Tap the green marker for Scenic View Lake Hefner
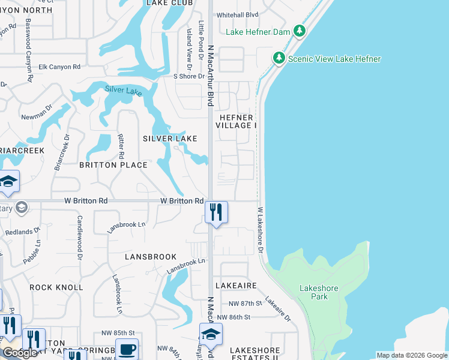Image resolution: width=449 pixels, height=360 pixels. pos(279,58)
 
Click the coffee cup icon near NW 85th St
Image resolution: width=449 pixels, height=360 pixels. pos(127,349)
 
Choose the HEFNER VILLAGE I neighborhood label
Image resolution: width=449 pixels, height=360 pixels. pos(238,121)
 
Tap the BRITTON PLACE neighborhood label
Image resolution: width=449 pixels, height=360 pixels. pos(113,164)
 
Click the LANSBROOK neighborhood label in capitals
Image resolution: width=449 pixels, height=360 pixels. pos(150,256)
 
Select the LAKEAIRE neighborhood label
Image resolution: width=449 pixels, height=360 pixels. pos(238,286)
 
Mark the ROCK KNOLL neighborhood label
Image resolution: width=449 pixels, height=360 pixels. pos(56,287)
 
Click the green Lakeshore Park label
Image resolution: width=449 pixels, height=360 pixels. pos(319,292)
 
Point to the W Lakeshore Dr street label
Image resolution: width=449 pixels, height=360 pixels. pos(261,230)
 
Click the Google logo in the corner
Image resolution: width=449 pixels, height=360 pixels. pos(20,353)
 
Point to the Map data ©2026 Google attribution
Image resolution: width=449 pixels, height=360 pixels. pos(412,355)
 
